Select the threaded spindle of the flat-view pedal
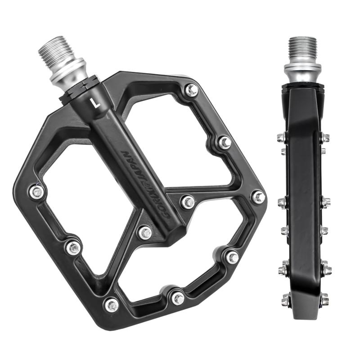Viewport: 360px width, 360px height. (54, 51)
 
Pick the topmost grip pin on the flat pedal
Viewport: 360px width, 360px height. (192, 90)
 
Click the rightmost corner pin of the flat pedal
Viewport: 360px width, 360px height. (258, 197)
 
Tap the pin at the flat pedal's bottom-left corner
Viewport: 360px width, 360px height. (111, 305)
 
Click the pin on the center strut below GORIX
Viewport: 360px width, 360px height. (145, 233)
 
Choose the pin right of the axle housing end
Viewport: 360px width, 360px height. (188, 202)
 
